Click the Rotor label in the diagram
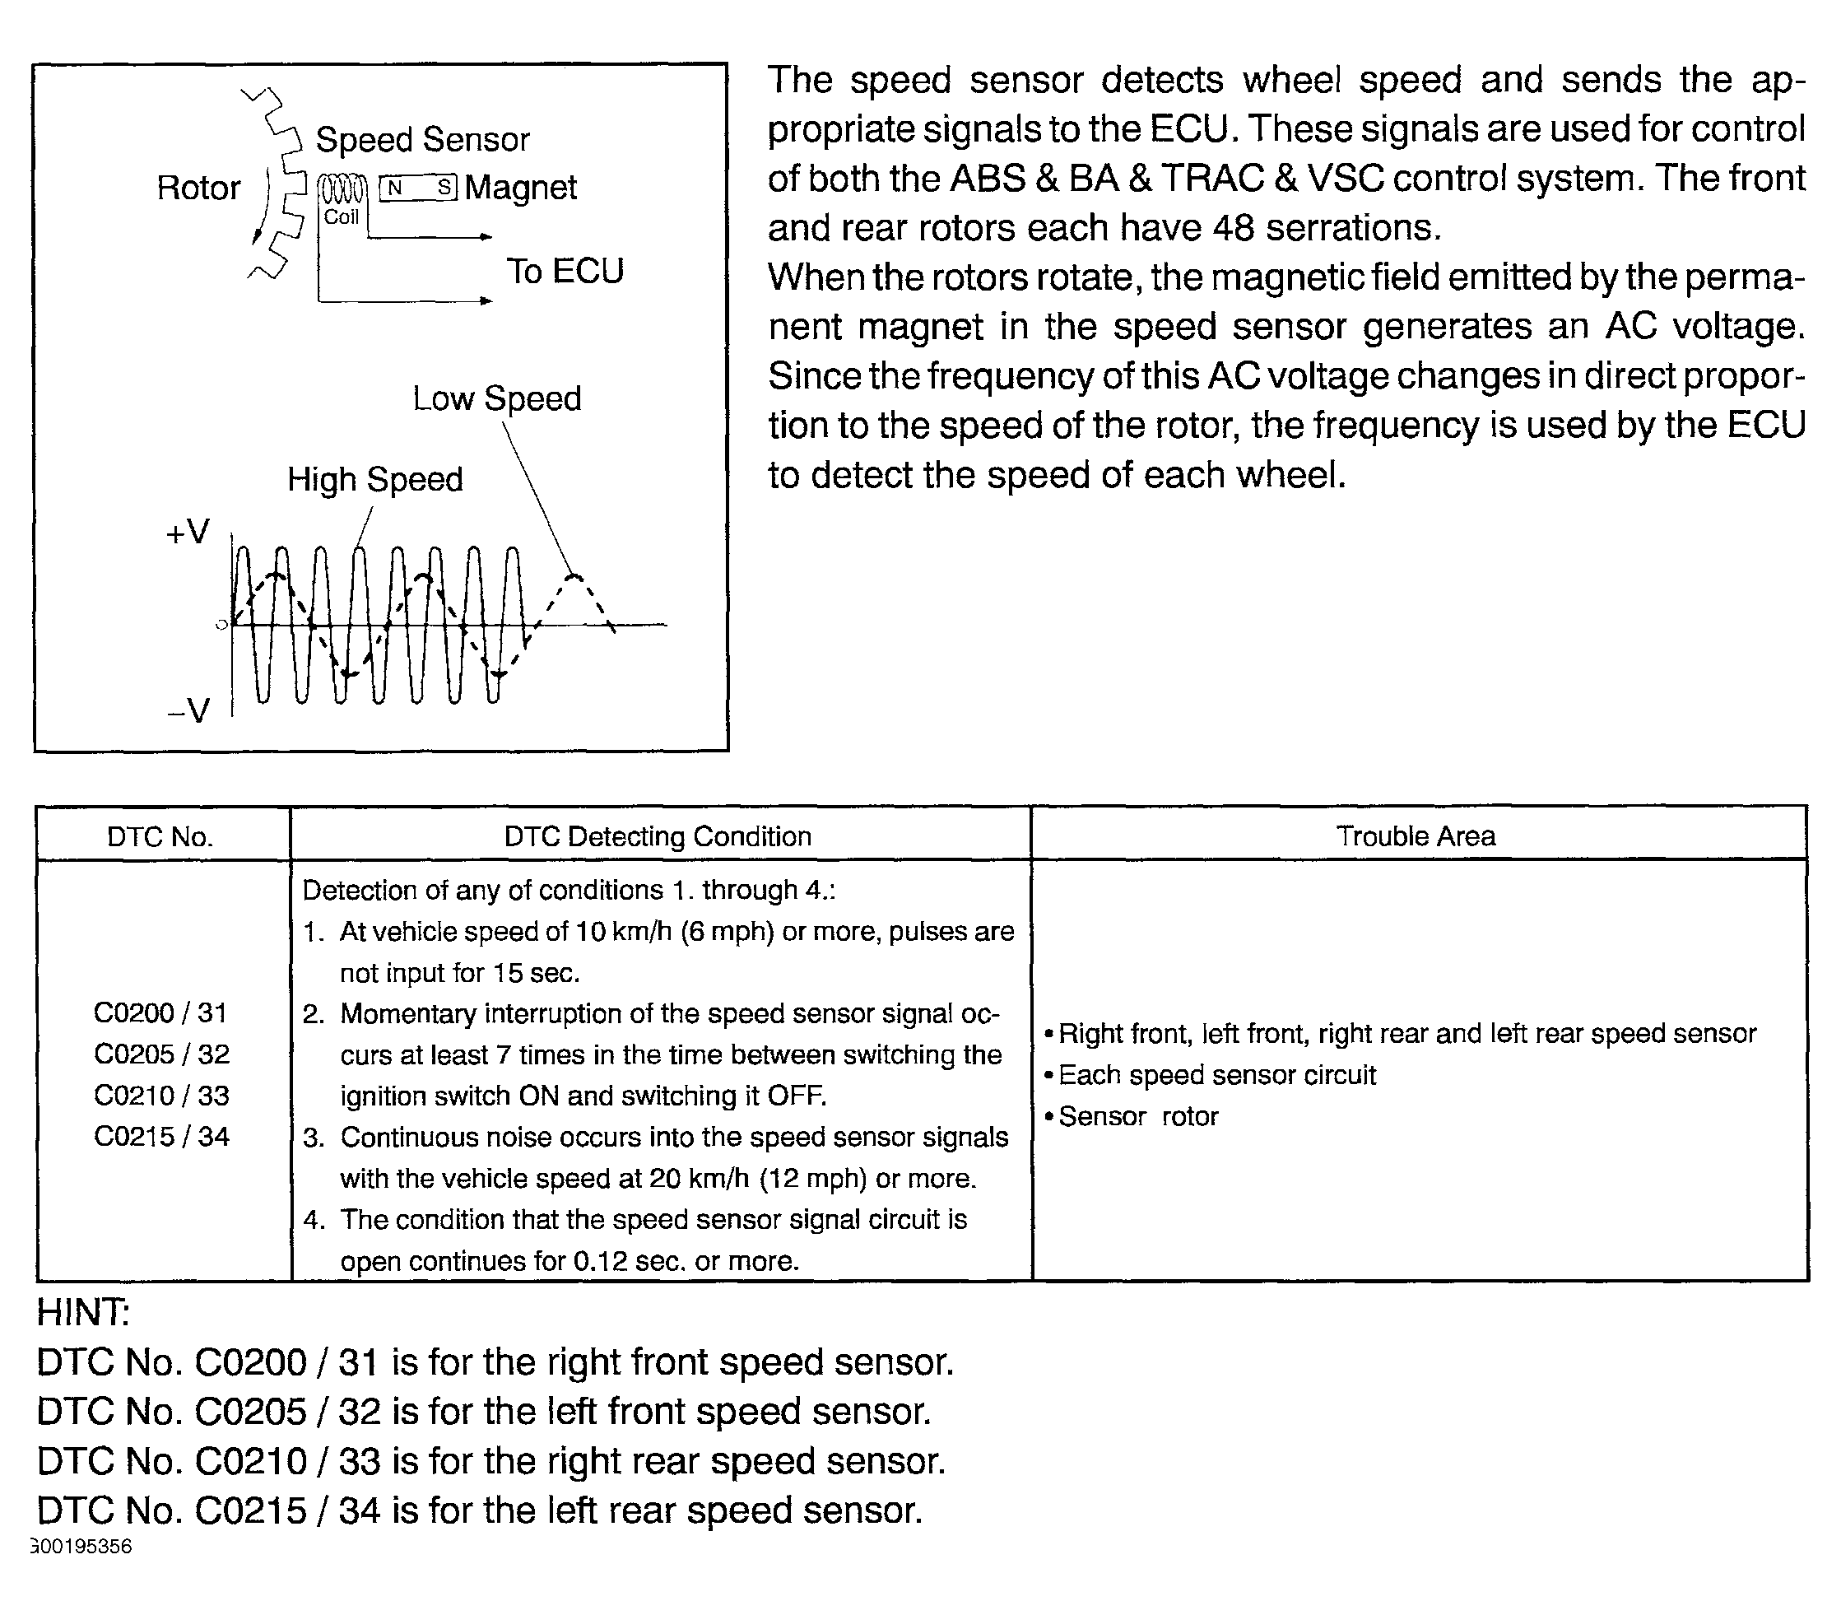coord(198,188)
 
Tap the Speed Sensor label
coord(421,140)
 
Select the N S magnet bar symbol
coord(419,188)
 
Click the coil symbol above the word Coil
coord(343,190)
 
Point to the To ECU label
coord(565,271)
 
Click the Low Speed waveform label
coord(496,398)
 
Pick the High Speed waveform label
coord(374,479)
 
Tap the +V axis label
coord(188,532)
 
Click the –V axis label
coord(188,710)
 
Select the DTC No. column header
coord(160,837)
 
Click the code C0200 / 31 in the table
coord(161,1012)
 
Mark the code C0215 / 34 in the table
coord(161,1137)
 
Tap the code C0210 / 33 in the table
coord(161,1096)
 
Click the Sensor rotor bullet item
coord(1137,1117)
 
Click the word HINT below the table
coord(83,1312)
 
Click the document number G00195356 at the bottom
coord(82,1547)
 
